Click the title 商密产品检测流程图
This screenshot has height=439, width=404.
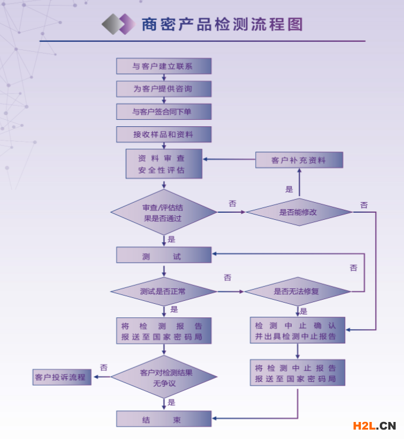(222, 24)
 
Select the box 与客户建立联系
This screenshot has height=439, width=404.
(163, 66)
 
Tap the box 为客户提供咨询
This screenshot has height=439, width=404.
(163, 89)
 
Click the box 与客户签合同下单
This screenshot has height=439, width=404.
(163, 112)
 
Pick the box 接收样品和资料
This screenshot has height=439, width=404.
(163, 135)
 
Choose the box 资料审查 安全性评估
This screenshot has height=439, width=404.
(163, 164)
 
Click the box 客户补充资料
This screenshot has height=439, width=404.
(299, 160)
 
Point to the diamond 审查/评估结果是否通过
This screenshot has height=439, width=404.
(163, 213)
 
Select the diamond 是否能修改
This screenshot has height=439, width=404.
(299, 212)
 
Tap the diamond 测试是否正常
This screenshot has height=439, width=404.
(163, 291)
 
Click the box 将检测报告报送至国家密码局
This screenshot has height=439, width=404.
(163, 331)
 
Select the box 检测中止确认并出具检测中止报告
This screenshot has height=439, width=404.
(297, 330)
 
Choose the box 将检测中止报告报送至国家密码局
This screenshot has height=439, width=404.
(297, 373)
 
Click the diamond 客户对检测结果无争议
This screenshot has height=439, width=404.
(163, 377)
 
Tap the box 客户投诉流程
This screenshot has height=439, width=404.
(61, 377)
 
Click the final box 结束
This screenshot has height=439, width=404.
(163, 419)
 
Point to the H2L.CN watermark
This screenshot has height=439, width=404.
(375, 426)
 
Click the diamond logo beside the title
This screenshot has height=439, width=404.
(118, 24)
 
